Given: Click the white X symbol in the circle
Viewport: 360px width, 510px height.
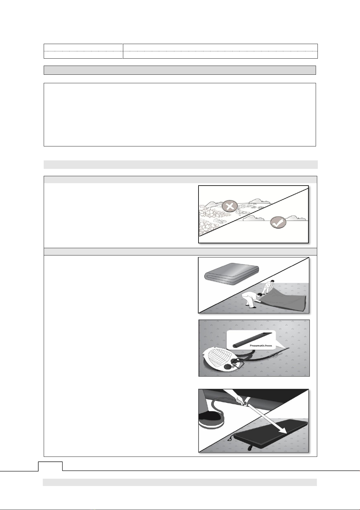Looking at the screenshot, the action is pyautogui.click(x=230, y=207).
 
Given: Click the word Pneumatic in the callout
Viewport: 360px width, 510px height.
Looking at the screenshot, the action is pyautogui.click(x=258, y=345).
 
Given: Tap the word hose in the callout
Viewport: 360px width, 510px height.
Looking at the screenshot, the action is pyautogui.click(x=269, y=345).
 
